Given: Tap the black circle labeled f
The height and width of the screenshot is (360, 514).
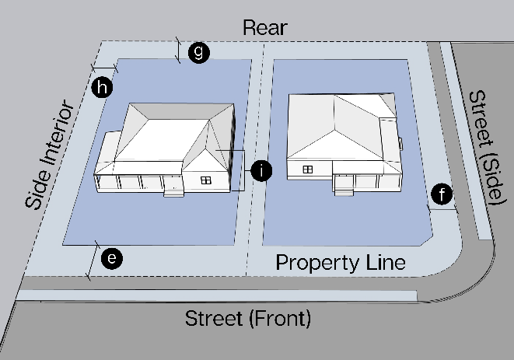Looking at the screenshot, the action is pos(442,195).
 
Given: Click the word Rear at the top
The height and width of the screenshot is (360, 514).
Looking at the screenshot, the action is pos(265,28).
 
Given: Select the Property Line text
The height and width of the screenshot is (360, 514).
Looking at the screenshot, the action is pos(341,263).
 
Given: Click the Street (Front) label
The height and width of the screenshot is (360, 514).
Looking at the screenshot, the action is pos(247,319).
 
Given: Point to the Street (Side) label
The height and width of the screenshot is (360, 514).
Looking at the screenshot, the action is pos(484,145).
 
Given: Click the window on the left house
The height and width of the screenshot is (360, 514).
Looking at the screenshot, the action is pos(206,180).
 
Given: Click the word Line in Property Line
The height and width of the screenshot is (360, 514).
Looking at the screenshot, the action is pos(383,263).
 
